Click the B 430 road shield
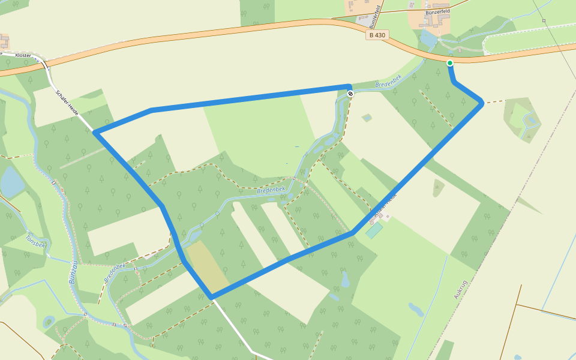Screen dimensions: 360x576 [x=377, y=35]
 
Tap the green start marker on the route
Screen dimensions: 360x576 [x=450, y=62]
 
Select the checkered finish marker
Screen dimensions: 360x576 [x=350, y=93]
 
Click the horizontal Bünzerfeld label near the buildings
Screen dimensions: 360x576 [x=437, y=11]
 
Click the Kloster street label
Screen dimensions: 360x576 [x=23, y=55]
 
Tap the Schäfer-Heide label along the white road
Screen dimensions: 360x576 [x=67, y=103]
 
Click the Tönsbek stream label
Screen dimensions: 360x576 [x=35, y=241]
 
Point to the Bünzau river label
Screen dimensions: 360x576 [x=73, y=272]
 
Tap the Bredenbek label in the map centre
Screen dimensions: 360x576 [x=269, y=190]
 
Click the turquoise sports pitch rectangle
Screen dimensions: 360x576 [x=374, y=230]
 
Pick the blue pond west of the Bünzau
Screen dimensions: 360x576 [x=11, y=182]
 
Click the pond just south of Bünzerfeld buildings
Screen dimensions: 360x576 [x=428, y=40]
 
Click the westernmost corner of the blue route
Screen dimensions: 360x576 [x=95, y=131]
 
